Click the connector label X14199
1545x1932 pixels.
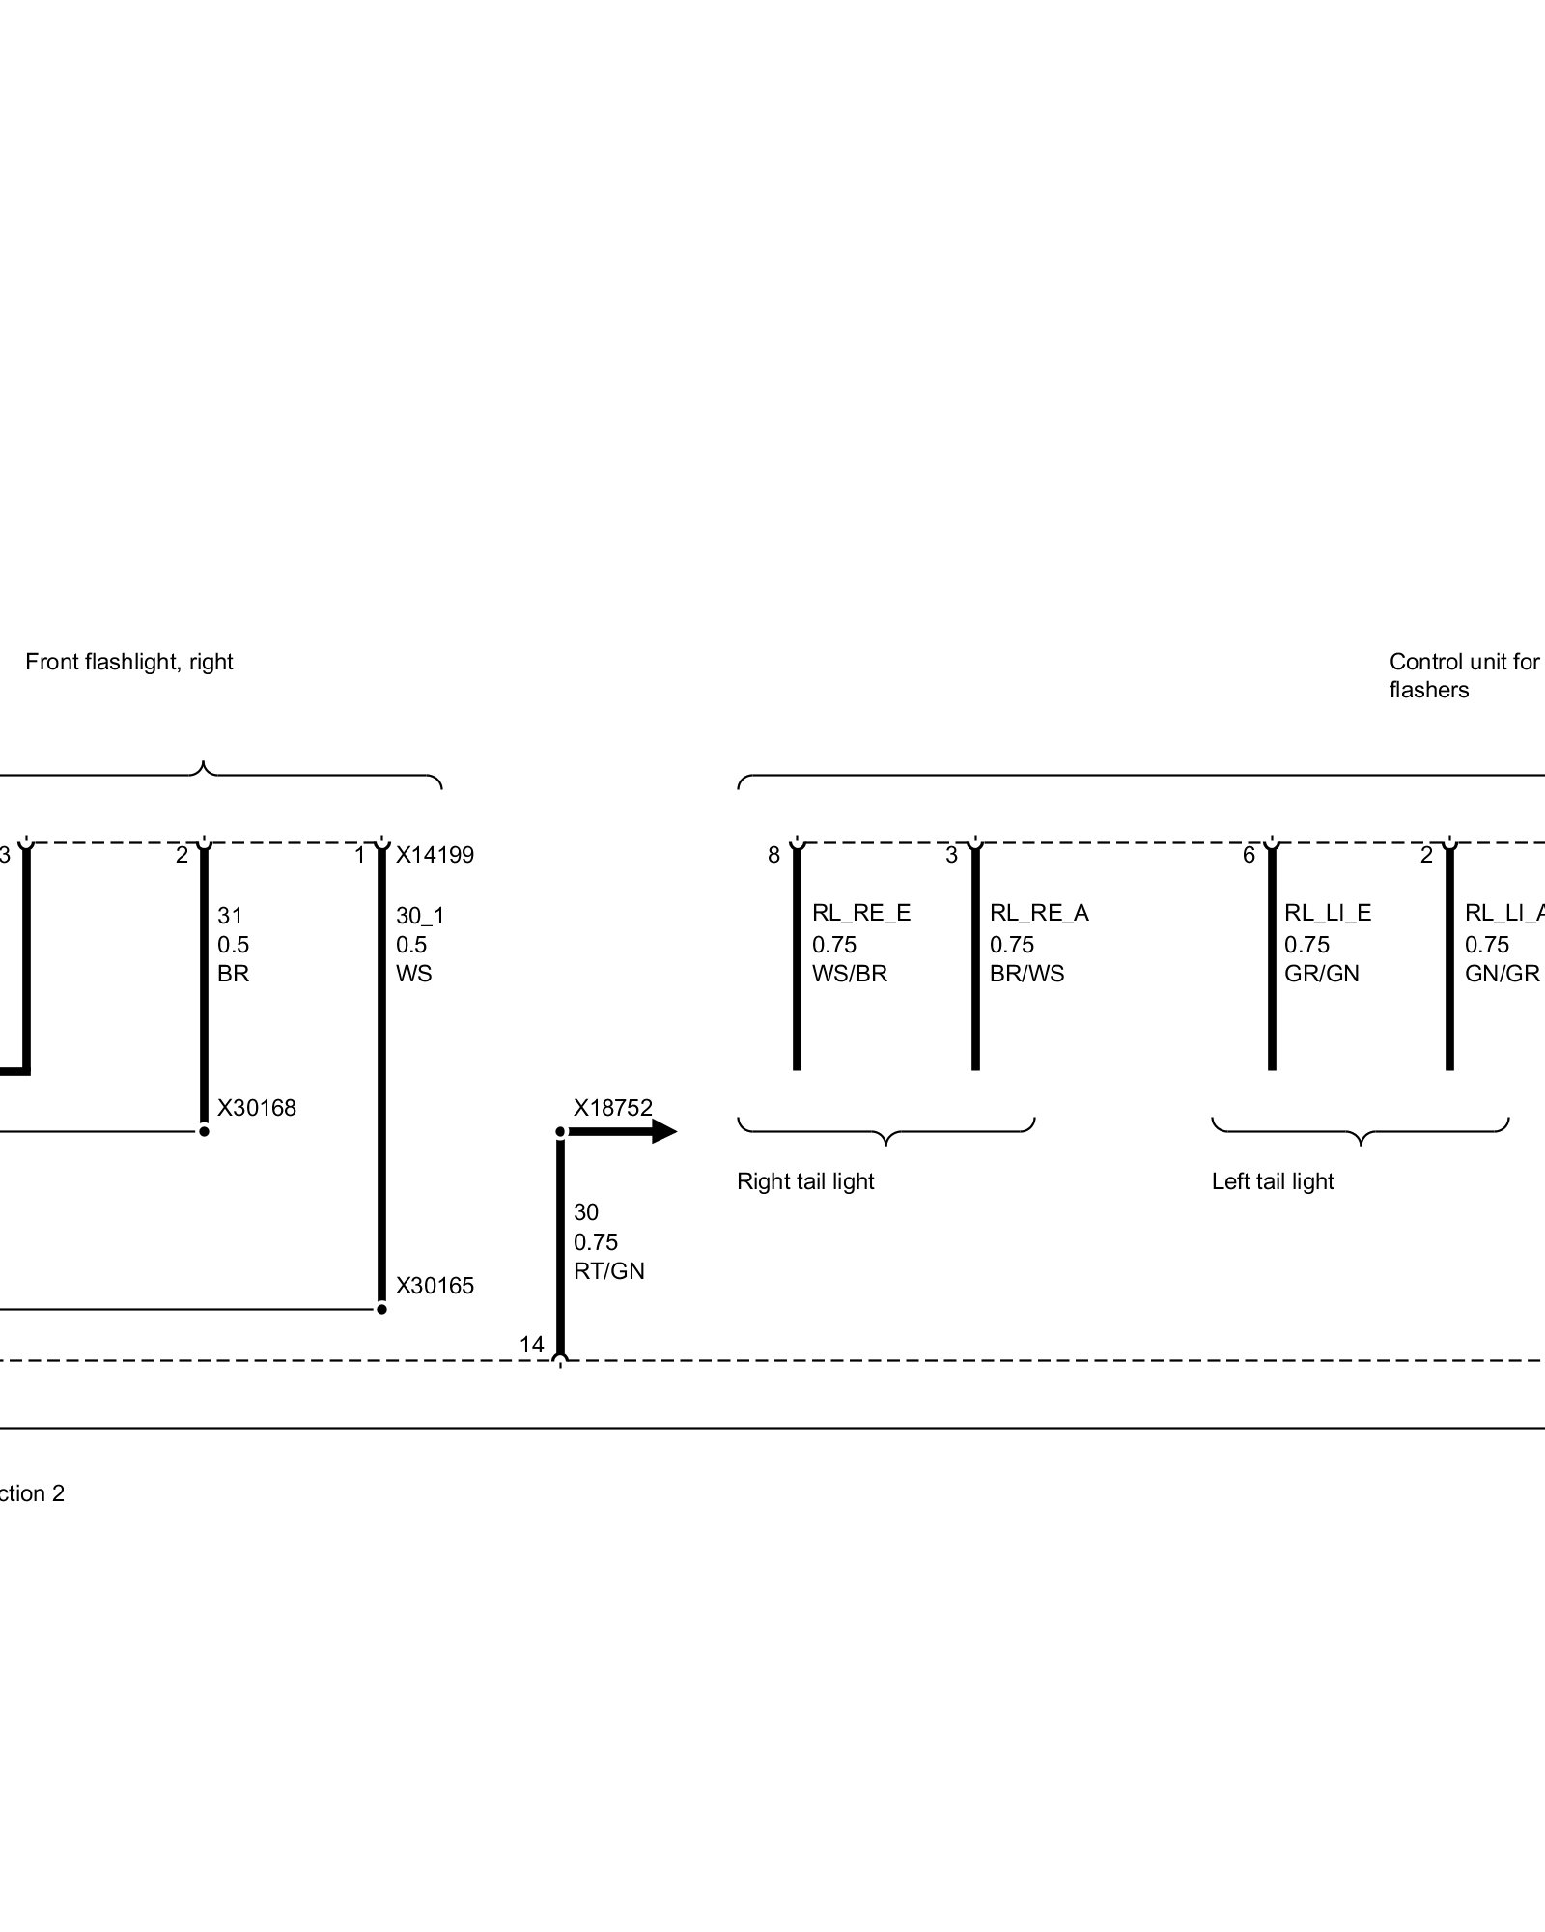(x=435, y=855)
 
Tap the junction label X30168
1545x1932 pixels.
(x=256, y=1108)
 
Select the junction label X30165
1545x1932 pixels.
(x=435, y=1286)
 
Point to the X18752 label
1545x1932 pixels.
(x=612, y=1108)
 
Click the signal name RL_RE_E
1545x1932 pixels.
(x=860, y=913)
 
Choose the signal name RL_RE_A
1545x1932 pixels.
(x=1039, y=913)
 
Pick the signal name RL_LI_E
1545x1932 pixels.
(x=1327, y=913)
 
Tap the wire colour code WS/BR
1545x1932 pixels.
(x=849, y=974)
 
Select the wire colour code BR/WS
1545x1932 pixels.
(x=1026, y=974)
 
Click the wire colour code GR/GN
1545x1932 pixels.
(x=1321, y=974)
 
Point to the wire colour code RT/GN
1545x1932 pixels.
(x=608, y=1271)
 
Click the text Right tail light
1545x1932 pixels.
(x=805, y=1181)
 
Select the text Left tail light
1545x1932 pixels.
(x=1272, y=1181)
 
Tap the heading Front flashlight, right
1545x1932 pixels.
(x=129, y=662)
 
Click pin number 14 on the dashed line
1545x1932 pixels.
(x=532, y=1345)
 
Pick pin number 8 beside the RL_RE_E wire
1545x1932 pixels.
(x=773, y=855)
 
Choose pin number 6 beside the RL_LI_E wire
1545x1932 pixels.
(x=1249, y=855)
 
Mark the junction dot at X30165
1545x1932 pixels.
(x=381, y=1309)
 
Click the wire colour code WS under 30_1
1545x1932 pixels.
(x=413, y=974)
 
